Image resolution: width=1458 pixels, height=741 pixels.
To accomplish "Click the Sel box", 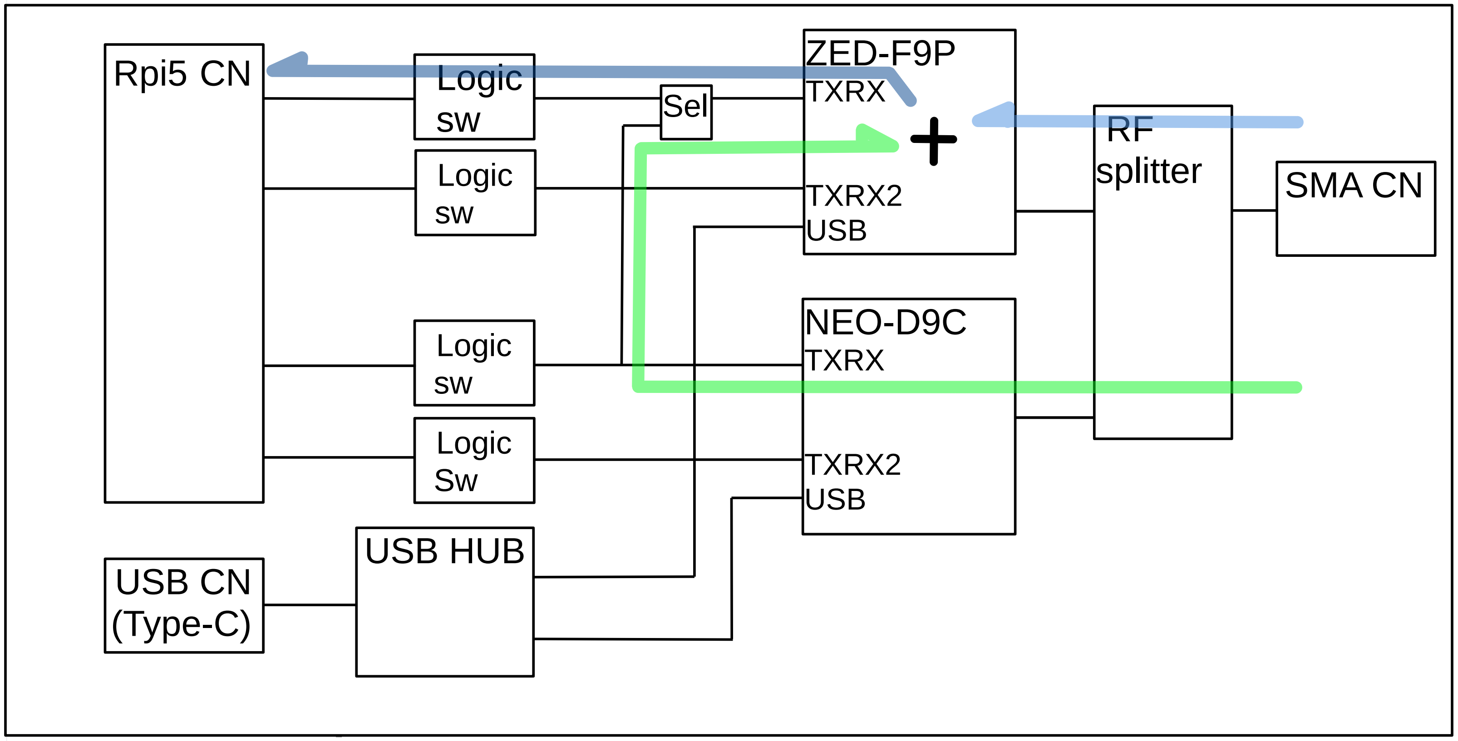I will tap(686, 112).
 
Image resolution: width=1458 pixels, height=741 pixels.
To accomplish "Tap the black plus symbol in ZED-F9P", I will tap(933, 140).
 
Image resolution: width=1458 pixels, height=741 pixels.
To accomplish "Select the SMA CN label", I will tap(1353, 185).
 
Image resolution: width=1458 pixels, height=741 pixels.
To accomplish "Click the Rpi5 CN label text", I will tap(182, 74).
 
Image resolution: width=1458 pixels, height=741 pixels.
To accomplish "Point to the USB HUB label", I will tap(445, 551).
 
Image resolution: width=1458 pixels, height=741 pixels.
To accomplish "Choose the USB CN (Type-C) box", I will tap(184, 605).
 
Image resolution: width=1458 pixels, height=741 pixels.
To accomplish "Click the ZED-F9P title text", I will tap(880, 54).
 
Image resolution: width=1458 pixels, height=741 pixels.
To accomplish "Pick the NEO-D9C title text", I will tap(885, 323).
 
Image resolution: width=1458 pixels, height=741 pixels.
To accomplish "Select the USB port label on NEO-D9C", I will tap(835, 500).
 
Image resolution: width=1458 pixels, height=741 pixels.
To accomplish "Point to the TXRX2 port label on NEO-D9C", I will tap(853, 465).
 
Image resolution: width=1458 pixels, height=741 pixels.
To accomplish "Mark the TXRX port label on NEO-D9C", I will tap(844, 360).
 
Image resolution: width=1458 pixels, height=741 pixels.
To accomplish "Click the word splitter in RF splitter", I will tap(1148, 172).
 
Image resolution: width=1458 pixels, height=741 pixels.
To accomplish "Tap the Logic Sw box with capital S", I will tap(474, 461).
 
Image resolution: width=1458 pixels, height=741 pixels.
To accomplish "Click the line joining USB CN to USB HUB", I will tap(310, 605).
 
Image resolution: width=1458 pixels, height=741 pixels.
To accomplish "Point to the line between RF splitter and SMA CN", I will tap(1254, 211).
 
